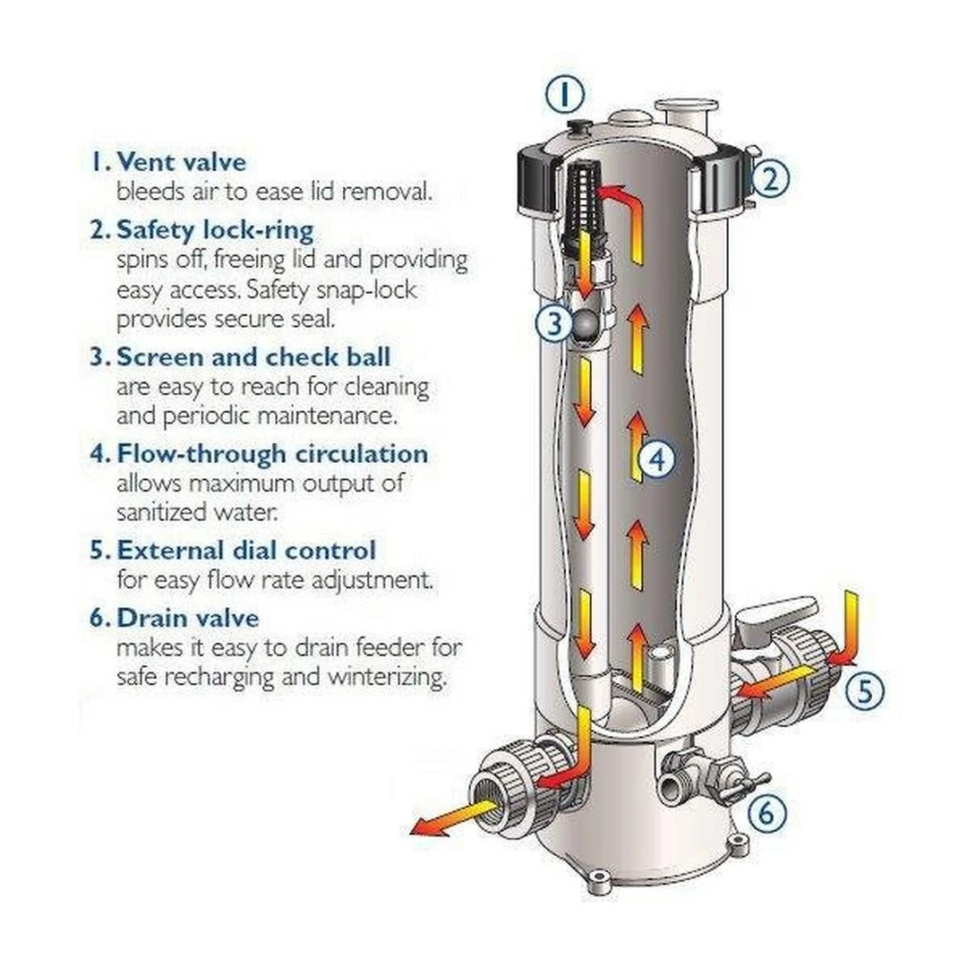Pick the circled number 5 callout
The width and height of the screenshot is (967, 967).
coord(863,690)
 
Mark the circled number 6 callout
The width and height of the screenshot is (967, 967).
coord(766,813)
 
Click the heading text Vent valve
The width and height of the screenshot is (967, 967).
coord(181,162)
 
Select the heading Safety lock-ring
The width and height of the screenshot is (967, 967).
coord(215,229)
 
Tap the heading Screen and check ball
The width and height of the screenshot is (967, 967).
coord(253,356)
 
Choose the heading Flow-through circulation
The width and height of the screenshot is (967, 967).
coord(272,453)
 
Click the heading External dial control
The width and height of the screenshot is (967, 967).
coord(246,549)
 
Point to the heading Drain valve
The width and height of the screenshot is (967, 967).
coord(188,618)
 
